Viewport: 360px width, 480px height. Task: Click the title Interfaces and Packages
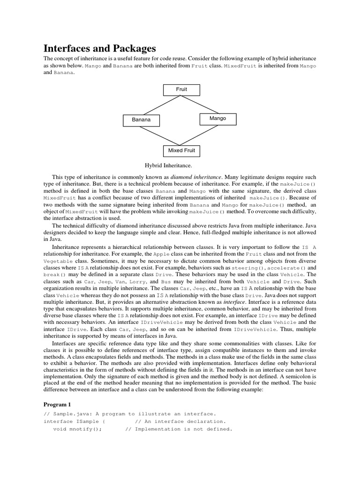pos(99,48)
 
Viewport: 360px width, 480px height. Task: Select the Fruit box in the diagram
pos(181,89)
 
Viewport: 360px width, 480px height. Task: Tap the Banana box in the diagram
pos(141,120)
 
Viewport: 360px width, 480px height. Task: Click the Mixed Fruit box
pos(181,151)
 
